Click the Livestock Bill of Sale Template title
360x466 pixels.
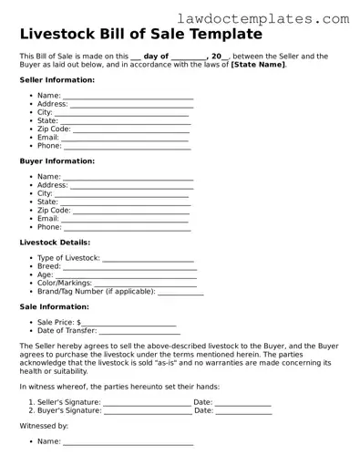(140, 35)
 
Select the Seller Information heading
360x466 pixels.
(57, 80)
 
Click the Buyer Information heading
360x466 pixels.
(57, 161)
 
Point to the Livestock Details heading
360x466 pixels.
(55, 243)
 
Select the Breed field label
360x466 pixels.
(49, 267)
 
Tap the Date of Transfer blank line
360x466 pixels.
(140, 332)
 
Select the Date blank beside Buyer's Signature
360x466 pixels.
(243, 412)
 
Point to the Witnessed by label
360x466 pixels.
(44, 427)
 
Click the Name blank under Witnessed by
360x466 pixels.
(128, 444)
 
